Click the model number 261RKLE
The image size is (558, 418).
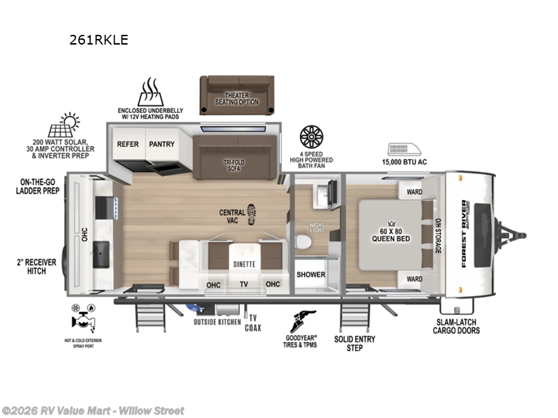click(98, 40)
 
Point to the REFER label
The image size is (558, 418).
click(128, 144)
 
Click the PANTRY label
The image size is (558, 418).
click(161, 144)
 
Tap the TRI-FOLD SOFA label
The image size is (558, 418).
click(233, 164)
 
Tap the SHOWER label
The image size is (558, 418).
click(310, 274)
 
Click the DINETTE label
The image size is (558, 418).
click(244, 263)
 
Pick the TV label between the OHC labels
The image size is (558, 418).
click(244, 284)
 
